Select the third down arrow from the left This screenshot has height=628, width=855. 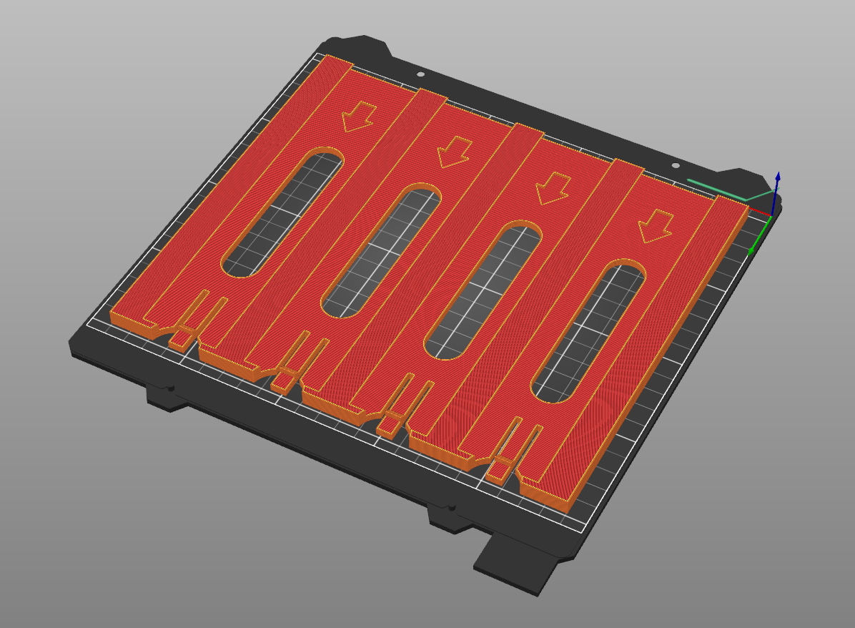pyautogui.click(x=552, y=188)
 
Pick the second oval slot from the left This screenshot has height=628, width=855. pyautogui.click(x=380, y=251)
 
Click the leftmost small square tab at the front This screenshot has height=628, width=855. pyautogui.click(x=181, y=335)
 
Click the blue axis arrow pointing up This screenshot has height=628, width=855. pyautogui.click(x=777, y=179)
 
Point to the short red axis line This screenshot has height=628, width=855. pyautogui.click(x=761, y=212)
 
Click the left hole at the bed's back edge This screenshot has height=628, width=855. pyautogui.click(x=420, y=73)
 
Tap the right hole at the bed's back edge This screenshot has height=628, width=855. pyautogui.click(x=676, y=165)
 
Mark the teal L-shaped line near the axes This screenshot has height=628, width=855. pyautogui.click(x=722, y=190)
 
